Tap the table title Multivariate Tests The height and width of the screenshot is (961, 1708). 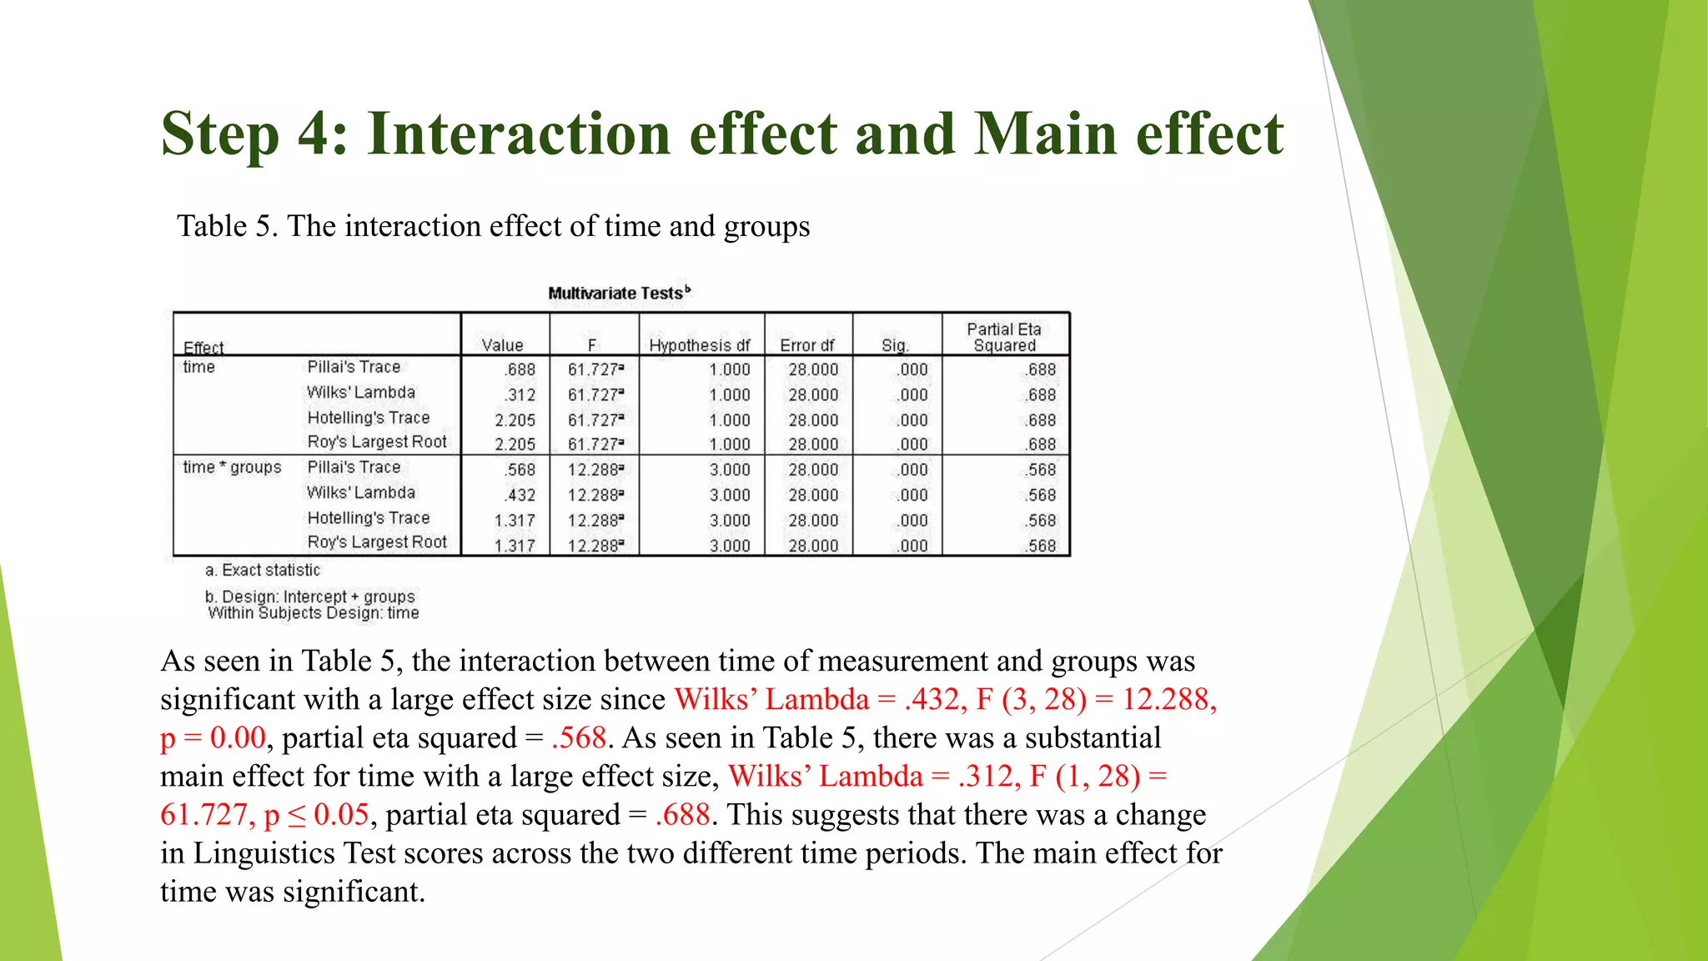(618, 293)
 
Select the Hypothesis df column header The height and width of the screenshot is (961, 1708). (700, 345)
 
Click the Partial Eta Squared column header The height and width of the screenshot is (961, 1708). (1004, 337)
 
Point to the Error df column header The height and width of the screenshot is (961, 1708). (807, 345)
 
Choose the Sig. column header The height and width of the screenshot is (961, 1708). (894, 345)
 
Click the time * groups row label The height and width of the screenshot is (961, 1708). (232, 467)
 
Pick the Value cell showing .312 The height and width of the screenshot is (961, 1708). (520, 395)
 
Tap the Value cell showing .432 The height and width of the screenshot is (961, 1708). (520, 495)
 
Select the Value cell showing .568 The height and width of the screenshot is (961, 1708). (520, 470)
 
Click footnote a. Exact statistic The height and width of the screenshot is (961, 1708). (263, 570)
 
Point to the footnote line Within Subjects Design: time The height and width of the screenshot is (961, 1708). (314, 613)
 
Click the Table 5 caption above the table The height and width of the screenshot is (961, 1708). (493, 226)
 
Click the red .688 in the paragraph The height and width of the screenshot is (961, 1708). (682, 814)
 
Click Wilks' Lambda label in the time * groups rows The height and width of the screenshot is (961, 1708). (360, 492)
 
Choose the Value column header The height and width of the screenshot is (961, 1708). (502, 345)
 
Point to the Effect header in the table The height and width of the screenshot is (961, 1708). (203, 348)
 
